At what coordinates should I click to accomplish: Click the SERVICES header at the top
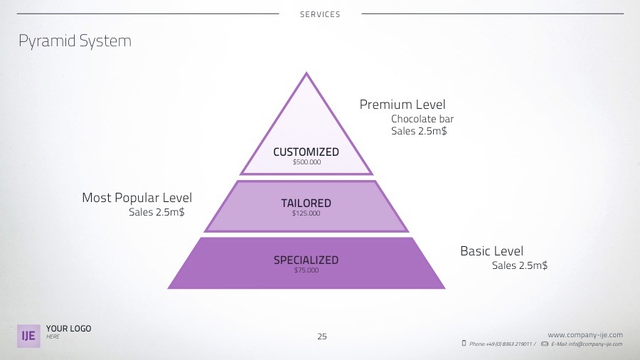(x=320, y=14)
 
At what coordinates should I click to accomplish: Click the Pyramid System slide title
(x=75, y=41)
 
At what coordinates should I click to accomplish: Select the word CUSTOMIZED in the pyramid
(x=306, y=152)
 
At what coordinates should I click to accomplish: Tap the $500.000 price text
(x=306, y=162)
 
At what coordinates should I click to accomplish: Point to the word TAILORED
(x=306, y=203)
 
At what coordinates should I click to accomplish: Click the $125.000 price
(x=306, y=213)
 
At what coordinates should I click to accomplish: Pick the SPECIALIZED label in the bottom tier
(x=306, y=260)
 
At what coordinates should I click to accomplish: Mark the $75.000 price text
(x=306, y=270)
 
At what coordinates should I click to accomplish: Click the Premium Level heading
(x=402, y=105)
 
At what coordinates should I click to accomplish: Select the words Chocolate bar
(x=422, y=119)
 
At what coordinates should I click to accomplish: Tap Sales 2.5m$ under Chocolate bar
(x=419, y=132)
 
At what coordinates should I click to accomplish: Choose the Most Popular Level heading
(x=137, y=198)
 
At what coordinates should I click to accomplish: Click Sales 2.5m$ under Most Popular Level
(x=156, y=212)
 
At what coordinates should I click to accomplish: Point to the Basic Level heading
(x=491, y=251)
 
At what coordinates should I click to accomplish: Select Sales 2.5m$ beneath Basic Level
(x=520, y=265)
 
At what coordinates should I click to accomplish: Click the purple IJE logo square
(x=29, y=336)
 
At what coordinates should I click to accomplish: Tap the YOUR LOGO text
(x=68, y=329)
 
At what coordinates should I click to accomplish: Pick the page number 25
(x=322, y=337)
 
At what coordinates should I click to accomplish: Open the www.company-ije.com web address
(x=585, y=334)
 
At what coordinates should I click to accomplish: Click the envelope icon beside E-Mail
(x=545, y=344)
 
